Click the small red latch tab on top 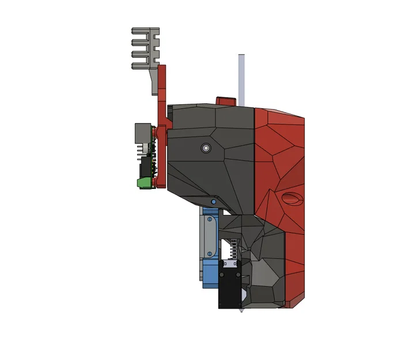[x=225, y=101]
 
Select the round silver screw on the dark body [x=206, y=148]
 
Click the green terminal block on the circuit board [x=144, y=183]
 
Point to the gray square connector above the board [x=142, y=133]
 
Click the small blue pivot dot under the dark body [x=213, y=202]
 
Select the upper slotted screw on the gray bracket [x=209, y=219]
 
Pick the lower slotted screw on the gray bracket [x=209, y=253]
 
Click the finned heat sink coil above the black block [x=233, y=248]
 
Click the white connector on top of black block [x=229, y=264]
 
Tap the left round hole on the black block [x=221, y=275]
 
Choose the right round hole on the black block [x=238, y=275]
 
